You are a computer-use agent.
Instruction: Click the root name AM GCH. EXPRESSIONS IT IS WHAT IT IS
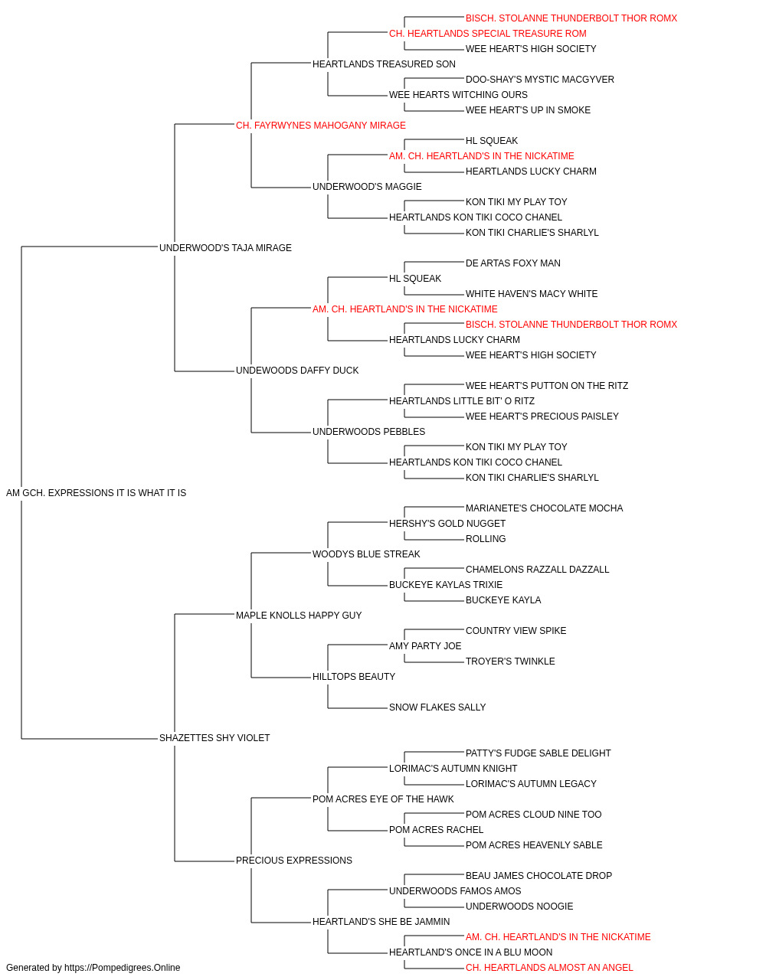click(x=96, y=493)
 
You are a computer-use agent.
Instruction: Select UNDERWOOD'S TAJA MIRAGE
click(x=225, y=247)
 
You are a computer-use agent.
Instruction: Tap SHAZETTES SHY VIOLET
click(x=214, y=738)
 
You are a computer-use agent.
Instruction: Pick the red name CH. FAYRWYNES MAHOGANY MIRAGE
click(x=321, y=126)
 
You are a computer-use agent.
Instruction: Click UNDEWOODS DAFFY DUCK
click(x=297, y=371)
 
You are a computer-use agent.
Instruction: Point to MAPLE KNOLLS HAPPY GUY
click(x=299, y=615)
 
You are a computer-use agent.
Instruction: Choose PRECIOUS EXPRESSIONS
click(x=294, y=860)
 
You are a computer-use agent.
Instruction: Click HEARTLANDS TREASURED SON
click(x=384, y=64)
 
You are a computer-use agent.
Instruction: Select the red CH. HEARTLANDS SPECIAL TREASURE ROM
click(x=488, y=34)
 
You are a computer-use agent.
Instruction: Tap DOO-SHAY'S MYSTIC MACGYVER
click(x=540, y=80)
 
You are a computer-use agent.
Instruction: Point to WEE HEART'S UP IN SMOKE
click(x=529, y=110)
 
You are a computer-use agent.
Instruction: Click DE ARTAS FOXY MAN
click(x=513, y=263)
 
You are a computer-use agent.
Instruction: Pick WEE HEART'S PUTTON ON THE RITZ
click(x=547, y=386)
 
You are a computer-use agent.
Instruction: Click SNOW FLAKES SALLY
click(x=437, y=707)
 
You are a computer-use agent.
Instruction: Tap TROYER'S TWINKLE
click(x=510, y=661)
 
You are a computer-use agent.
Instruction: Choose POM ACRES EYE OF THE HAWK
click(x=383, y=799)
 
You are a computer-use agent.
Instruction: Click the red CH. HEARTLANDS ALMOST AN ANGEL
click(x=549, y=968)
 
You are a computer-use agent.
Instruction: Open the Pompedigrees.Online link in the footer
click(x=123, y=968)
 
